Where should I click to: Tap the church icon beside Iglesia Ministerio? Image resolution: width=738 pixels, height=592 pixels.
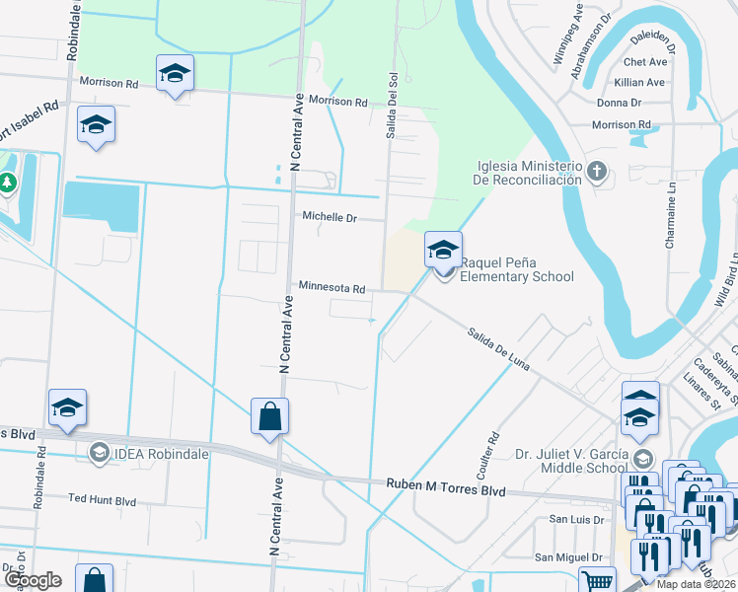(x=596, y=172)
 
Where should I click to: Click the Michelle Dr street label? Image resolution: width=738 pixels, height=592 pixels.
(x=330, y=217)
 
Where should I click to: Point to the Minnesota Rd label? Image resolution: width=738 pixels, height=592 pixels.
(x=332, y=288)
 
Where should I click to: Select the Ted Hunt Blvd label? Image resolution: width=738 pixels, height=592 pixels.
(x=102, y=500)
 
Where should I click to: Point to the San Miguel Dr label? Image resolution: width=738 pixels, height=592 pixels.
(x=568, y=557)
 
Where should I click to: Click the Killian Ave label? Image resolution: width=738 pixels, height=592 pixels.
(x=640, y=83)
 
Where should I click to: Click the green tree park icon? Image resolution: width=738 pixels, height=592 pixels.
(x=8, y=183)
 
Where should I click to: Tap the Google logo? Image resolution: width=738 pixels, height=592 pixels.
(x=32, y=580)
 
